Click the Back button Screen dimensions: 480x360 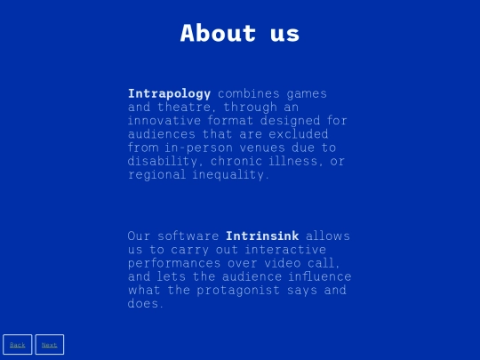pos(18,344)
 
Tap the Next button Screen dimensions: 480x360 pos(50,344)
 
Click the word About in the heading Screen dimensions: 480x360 pos(218,33)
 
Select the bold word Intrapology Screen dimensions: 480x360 pos(169,93)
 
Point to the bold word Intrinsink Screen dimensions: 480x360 pos(262,236)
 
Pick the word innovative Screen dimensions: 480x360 pos(164,120)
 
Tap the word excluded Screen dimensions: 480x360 pos(299,133)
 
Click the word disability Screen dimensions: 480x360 pos(163,161)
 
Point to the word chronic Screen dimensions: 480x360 pos(236,161)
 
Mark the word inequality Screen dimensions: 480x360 pos(228,175)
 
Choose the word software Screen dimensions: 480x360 pos(188,236)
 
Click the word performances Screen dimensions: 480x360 pos(174,263)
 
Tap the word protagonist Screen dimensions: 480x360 pos(238,290)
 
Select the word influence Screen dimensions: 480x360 pos(320,276)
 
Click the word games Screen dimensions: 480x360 pos(307,94)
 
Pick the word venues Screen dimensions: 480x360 pos(262,148)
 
